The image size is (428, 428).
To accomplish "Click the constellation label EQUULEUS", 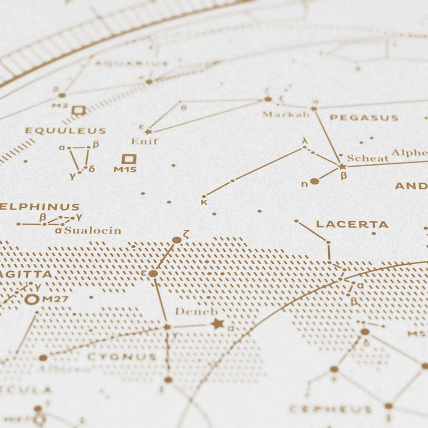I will [65, 131].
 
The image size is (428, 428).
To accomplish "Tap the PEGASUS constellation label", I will [364, 118].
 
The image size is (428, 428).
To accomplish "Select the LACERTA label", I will [352, 224].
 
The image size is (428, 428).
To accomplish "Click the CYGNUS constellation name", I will [122, 357].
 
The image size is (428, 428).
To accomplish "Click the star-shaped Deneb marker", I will [217, 324].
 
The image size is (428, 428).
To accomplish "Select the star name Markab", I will [285, 114].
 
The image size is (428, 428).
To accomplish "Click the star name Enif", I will [144, 141].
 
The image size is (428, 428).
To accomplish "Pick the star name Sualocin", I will [92, 231].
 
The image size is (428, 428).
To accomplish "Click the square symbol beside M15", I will [128, 159].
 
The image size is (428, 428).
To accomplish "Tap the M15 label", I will [124, 169].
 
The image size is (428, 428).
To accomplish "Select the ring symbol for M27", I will [32, 299].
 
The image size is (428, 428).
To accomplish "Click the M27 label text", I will [55, 299].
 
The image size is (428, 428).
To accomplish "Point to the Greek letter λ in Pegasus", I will [305, 140].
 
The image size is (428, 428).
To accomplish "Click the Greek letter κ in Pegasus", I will [204, 201].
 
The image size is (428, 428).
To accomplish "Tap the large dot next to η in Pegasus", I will [314, 181].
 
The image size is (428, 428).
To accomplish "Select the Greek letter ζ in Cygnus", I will [187, 233].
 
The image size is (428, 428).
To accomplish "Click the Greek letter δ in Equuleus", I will [91, 168].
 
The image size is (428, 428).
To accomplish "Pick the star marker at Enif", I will [148, 131].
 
